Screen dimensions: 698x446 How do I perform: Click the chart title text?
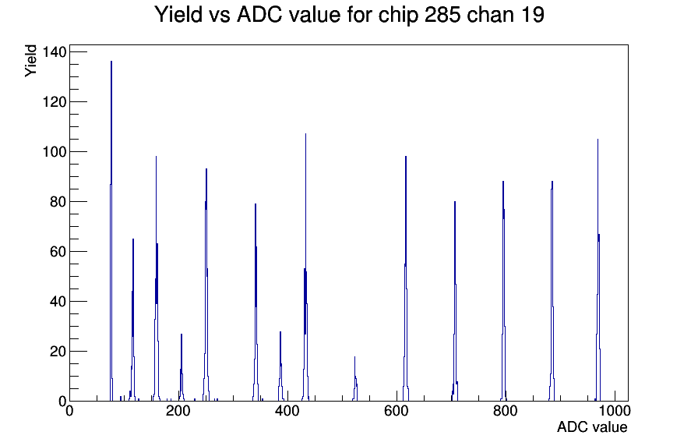pos(349,15)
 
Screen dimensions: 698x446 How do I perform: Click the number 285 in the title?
pos(442,15)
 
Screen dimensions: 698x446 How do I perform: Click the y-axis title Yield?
pos(30,61)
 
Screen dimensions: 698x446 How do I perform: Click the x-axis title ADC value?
pos(592,427)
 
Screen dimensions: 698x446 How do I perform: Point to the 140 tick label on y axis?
pos(55,52)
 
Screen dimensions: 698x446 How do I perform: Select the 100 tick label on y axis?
pos(55,152)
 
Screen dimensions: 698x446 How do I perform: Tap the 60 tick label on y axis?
pos(58,252)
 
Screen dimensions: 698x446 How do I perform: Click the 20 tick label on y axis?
pos(58,352)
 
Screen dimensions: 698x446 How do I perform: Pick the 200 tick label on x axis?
pos(178,410)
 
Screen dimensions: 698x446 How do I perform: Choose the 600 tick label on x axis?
pos(397,410)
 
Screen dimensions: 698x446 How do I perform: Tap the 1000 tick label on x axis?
pos(614,410)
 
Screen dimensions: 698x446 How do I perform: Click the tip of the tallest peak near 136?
pos(111,61)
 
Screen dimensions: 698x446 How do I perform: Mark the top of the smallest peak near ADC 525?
pos(354,356)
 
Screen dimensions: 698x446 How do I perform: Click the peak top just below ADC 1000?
pos(598,139)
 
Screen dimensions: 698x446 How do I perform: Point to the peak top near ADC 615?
pos(406,157)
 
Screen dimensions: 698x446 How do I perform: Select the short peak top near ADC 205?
pos(182,334)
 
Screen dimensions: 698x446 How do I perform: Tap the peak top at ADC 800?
pos(503,182)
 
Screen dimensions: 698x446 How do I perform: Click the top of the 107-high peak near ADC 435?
pos(305,133)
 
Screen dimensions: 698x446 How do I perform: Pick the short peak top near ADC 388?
pos(280,331)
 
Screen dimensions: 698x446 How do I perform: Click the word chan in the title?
pos(488,15)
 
